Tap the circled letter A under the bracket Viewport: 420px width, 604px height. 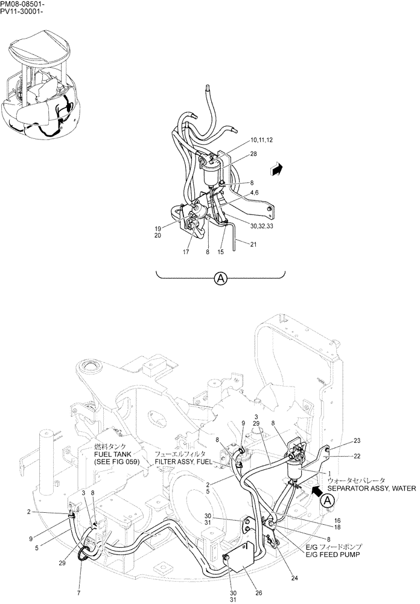point(221,278)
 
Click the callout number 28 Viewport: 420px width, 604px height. point(253,155)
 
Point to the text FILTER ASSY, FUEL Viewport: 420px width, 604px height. point(183,461)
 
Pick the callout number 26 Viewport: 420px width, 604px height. point(258,593)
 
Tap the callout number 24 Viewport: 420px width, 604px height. point(295,578)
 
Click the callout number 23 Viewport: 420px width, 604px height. point(357,440)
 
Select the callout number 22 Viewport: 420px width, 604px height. point(357,456)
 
